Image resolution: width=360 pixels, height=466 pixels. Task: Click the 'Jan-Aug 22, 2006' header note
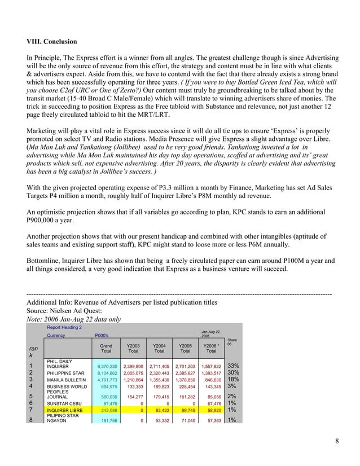(x=210, y=333)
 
